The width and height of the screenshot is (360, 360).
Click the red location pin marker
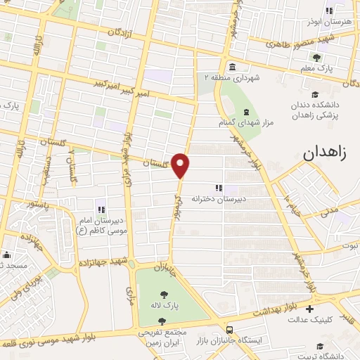[181, 165]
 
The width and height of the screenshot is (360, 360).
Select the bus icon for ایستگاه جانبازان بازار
[231, 329]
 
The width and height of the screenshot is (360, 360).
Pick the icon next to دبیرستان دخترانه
[219, 188]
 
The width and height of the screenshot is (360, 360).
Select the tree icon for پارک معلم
[318, 58]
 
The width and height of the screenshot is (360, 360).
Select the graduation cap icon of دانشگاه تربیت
[320, 345]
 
